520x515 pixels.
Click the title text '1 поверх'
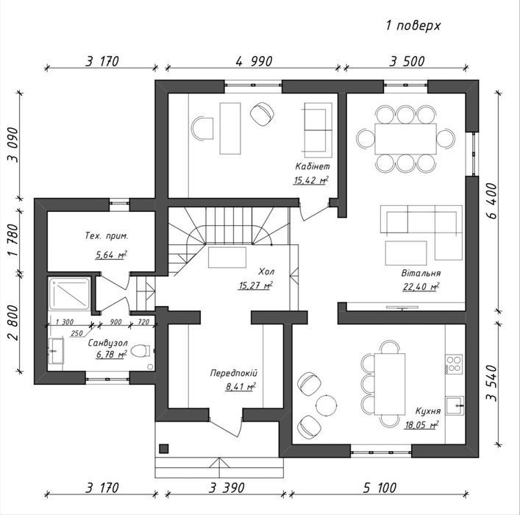413,26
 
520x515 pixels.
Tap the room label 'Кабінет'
313,166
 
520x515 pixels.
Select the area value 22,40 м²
421,286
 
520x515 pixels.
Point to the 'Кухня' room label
428,411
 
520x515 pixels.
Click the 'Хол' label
266,271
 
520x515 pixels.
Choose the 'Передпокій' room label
233,373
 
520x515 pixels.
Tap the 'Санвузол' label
107,343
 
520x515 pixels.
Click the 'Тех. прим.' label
107,236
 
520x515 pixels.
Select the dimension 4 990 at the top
254,61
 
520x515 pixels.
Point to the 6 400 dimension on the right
492,200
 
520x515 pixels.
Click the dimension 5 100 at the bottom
380,488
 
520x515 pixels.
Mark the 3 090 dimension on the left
13,145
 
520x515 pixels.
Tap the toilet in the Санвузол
140,351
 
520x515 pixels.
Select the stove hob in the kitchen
454,364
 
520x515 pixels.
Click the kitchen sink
455,405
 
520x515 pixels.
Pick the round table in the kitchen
327,405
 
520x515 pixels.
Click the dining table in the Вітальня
405,139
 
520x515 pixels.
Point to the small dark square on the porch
164,448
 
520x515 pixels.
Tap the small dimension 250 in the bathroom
76,333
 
